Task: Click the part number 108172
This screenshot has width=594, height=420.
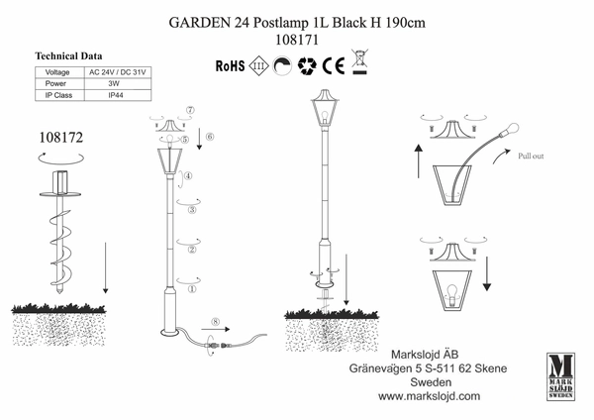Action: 63,142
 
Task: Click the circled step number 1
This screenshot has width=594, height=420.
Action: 192,289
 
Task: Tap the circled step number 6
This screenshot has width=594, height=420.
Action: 209,136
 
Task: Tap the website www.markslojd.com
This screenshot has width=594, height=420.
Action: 429,394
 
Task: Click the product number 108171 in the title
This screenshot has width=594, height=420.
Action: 297,40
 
